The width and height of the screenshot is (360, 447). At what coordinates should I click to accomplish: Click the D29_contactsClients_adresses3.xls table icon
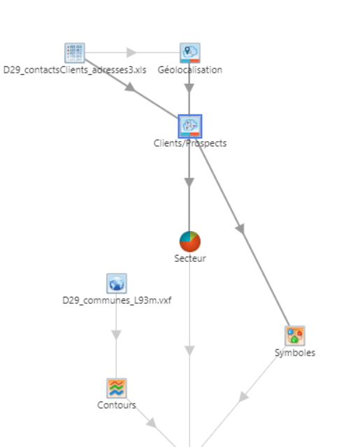click(75, 53)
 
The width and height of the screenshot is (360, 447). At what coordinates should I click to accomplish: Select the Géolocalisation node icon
click(190, 53)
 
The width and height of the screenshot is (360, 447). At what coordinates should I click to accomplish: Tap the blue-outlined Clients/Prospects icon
click(190, 126)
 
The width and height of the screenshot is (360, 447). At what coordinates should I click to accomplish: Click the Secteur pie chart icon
click(190, 242)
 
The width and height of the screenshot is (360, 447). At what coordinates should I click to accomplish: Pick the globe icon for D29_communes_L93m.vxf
click(117, 284)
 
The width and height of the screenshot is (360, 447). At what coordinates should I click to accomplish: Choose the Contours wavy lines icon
click(117, 388)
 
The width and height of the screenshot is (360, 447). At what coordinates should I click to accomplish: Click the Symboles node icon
click(295, 336)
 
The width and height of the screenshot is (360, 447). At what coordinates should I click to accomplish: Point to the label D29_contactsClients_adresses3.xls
click(75, 70)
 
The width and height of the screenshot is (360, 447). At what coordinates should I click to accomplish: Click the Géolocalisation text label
click(190, 70)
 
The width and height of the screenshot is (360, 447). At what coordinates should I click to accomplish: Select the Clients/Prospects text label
click(190, 143)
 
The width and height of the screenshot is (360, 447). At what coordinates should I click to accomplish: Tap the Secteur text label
click(190, 258)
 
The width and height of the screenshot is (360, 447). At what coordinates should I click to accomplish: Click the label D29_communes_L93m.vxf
click(117, 300)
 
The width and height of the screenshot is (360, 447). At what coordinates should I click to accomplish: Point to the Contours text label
click(117, 405)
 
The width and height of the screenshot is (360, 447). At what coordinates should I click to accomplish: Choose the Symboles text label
click(295, 353)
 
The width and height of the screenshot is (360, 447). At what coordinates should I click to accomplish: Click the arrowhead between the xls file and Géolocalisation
click(131, 52)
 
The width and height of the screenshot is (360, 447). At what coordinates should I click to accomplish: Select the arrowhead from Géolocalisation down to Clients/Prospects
click(189, 88)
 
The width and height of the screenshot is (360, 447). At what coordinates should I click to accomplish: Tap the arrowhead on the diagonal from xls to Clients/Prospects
click(130, 87)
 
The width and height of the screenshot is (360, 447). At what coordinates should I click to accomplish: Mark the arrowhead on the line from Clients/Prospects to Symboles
click(240, 228)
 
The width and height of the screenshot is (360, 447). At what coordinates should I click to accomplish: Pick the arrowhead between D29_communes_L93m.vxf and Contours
click(116, 335)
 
